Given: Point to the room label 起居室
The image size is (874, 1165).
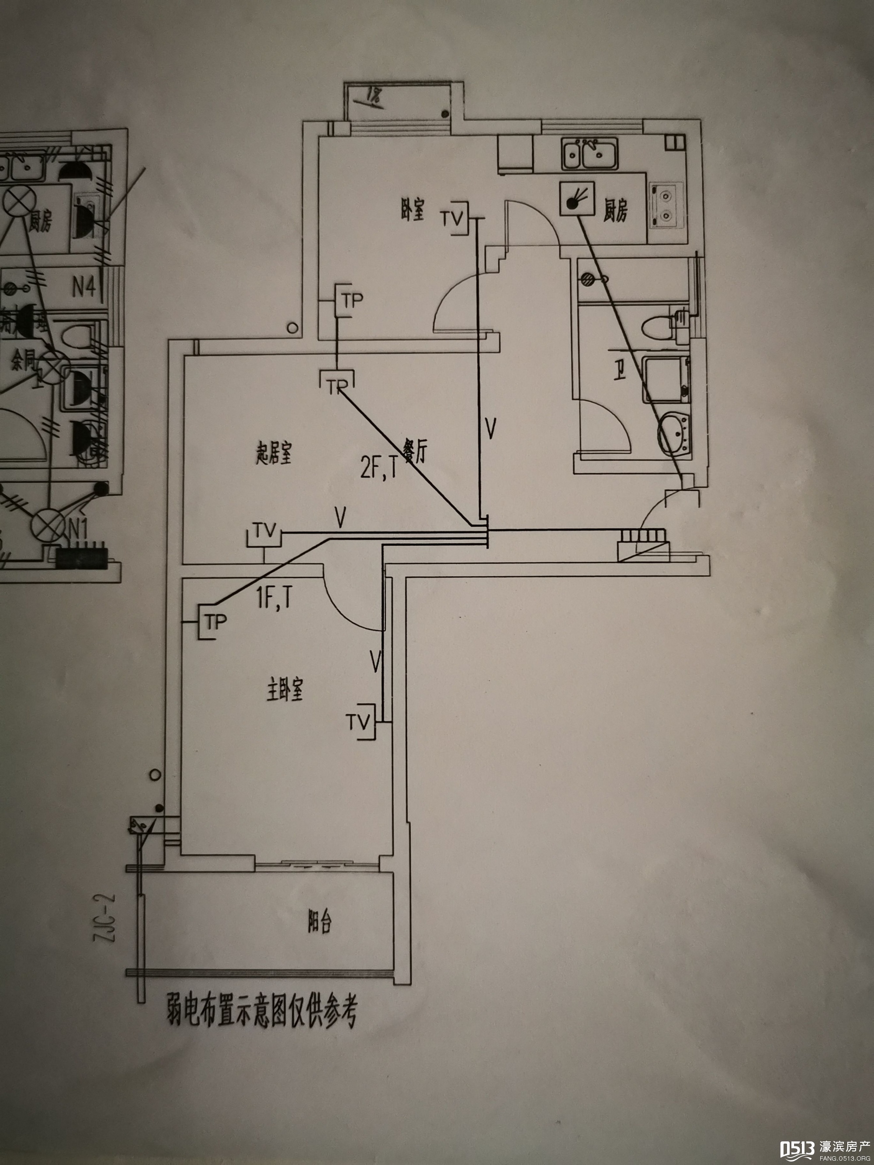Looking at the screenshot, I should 274,454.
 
